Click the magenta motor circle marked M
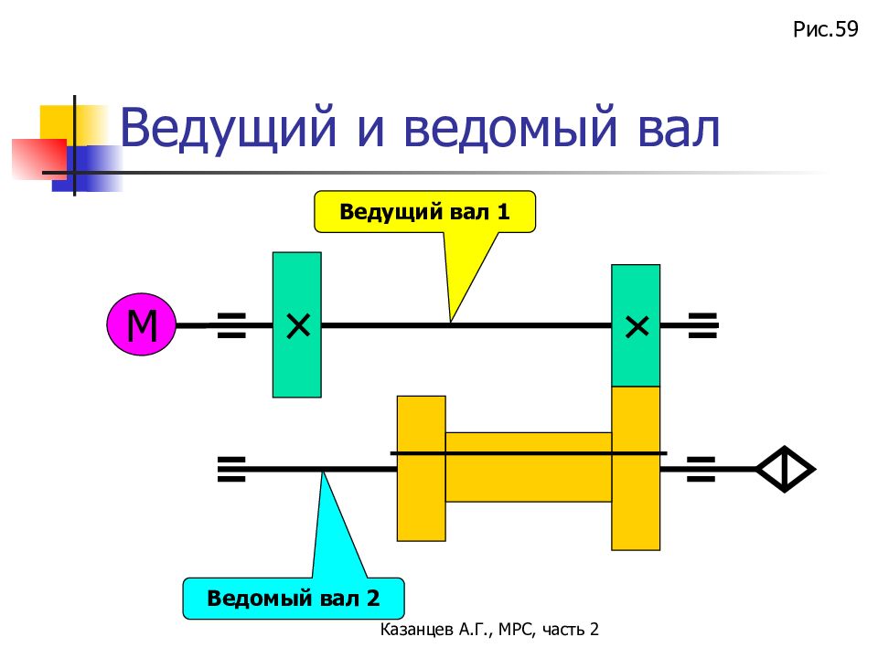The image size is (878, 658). [141, 324]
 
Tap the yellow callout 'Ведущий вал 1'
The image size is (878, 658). [424, 212]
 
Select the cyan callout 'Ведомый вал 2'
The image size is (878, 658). [294, 598]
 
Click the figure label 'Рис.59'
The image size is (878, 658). [825, 29]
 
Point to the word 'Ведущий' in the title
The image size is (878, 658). [229, 128]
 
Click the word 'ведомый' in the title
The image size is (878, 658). [509, 128]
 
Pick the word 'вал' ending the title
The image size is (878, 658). [679, 128]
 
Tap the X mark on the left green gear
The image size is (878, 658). [298, 325]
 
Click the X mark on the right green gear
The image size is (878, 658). [637, 326]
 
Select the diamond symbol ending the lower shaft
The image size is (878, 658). [785, 469]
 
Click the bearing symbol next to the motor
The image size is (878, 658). [231, 325]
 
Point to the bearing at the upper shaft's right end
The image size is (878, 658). [702, 325]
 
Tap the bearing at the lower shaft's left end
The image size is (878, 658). [231, 469]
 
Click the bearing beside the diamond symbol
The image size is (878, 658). [701, 469]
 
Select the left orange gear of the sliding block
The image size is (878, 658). [421, 468]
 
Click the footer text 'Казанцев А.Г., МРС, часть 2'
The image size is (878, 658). [489, 630]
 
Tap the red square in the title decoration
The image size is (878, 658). [39, 159]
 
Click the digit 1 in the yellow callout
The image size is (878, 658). [503, 212]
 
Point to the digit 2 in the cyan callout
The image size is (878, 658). [373, 598]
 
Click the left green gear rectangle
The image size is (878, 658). [296, 324]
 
